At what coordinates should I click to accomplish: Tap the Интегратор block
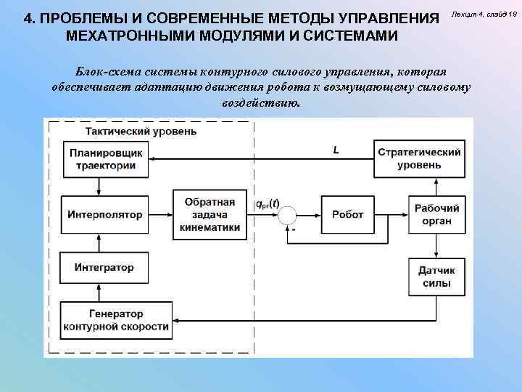point(104,267)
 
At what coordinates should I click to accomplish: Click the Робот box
point(347,215)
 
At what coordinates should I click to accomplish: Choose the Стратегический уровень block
point(419,158)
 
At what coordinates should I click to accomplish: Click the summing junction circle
point(288,215)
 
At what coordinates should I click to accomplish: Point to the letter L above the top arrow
point(336,150)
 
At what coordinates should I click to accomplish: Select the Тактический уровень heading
point(140,131)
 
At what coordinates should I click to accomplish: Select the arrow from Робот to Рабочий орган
point(392,215)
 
